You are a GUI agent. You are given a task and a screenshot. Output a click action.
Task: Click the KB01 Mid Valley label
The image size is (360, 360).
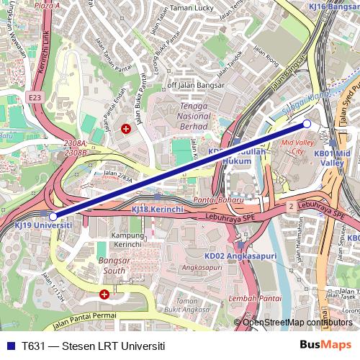click(333, 158)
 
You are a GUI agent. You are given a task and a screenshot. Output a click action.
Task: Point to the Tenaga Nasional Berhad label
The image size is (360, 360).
click(193, 115)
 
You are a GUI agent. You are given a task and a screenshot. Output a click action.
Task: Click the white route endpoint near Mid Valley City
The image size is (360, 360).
click(307, 124)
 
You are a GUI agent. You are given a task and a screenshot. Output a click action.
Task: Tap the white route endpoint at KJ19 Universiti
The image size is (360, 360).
click(53, 216)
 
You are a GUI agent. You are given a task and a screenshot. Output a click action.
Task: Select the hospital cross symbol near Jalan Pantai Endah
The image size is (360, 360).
click(127, 129)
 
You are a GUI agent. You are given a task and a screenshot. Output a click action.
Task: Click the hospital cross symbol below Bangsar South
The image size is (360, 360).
click(104, 294)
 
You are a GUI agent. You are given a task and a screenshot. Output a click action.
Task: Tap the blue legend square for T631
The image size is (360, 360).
click(9, 345)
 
